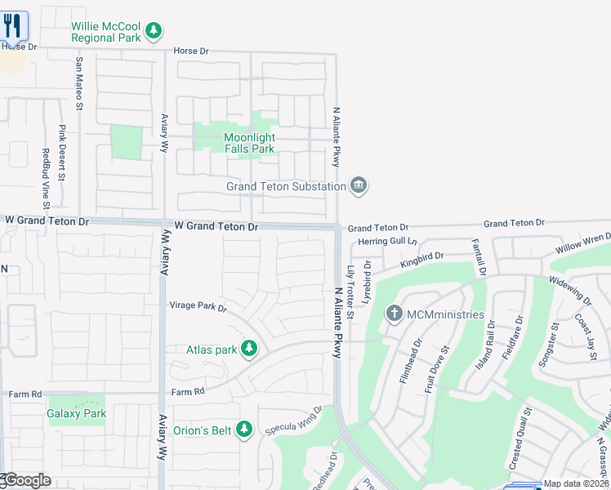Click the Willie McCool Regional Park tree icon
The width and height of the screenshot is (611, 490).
[x=153, y=31]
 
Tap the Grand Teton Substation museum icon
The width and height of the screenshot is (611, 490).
[x=359, y=186]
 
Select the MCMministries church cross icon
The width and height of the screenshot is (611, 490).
[x=395, y=314]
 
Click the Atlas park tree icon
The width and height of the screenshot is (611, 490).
[x=249, y=350]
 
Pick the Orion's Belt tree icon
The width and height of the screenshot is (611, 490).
[x=243, y=428]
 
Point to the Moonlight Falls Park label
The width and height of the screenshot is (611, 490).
[x=238, y=144]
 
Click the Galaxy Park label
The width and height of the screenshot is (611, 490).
[x=77, y=413]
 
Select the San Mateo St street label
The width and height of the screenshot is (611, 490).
[x=79, y=82]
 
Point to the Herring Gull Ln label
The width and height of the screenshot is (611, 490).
[x=387, y=242]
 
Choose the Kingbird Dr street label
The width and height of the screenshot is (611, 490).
[x=421, y=261]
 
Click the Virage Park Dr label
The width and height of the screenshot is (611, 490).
[x=198, y=306]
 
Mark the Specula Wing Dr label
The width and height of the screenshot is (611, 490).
[x=295, y=421]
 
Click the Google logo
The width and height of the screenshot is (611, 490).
[x=26, y=480]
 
